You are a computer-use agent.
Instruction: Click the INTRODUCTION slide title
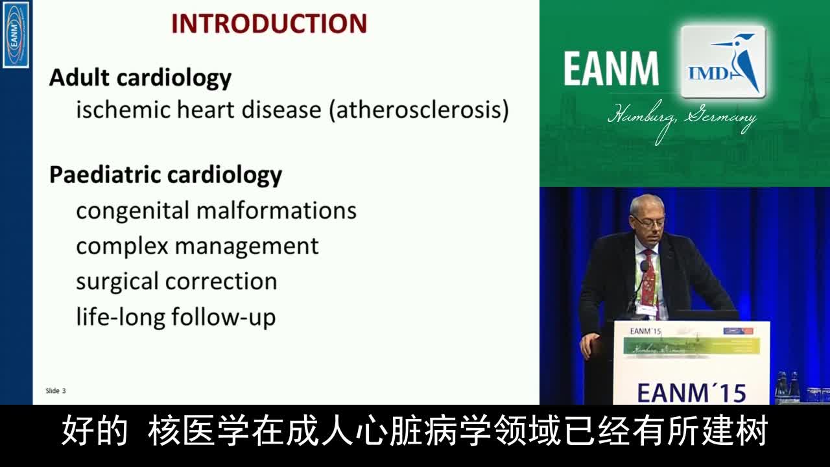tap(269, 24)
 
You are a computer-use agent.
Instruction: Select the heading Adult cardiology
tap(140, 78)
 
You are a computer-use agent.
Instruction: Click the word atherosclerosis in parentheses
tap(419, 110)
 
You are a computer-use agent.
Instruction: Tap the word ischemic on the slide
tap(121, 110)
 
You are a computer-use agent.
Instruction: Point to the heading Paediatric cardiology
tap(165, 175)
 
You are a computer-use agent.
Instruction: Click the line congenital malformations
tap(216, 211)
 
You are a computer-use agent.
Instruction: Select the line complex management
tap(197, 246)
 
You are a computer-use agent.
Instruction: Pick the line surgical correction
tap(176, 281)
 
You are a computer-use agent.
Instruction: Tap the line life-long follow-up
tap(176, 317)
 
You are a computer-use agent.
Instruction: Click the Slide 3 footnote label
tap(56, 390)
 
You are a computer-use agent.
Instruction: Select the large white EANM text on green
tap(611, 69)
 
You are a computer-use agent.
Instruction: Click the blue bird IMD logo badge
tap(723, 62)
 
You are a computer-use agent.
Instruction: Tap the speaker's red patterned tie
tap(648, 279)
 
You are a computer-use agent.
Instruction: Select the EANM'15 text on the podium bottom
tap(691, 392)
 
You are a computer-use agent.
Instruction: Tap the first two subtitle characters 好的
tap(95, 432)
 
